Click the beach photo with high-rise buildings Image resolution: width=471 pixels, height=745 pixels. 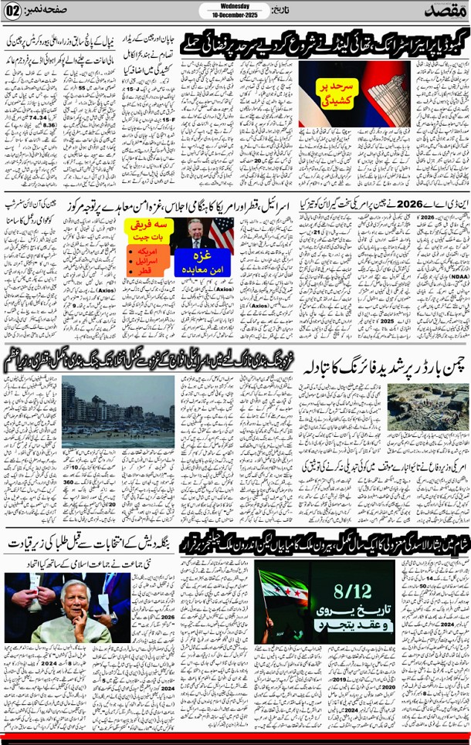point(117,413)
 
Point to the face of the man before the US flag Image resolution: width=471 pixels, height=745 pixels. point(193,229)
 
